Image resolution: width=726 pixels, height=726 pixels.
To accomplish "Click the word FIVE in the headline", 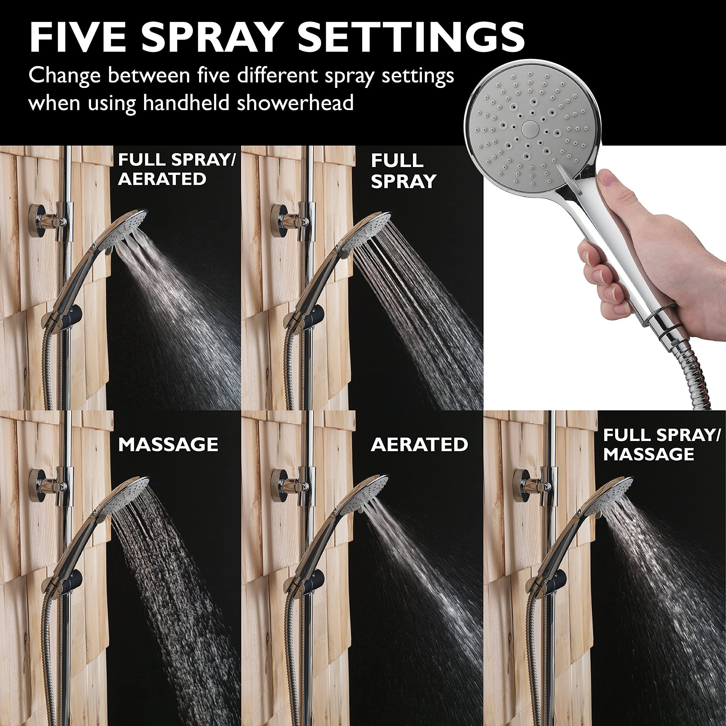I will [x=77, y=38].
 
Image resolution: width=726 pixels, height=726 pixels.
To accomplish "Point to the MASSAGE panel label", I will [x=168, y=445].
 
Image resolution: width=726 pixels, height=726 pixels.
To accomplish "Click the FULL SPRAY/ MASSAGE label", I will [x=661, y=445].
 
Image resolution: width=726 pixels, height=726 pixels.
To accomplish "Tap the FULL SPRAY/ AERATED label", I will [x=176, y=169].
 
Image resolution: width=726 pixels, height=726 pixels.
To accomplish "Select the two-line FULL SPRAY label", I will [x=403, y=171].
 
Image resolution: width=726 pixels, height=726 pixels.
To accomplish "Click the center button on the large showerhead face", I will [x=530, y=128].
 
